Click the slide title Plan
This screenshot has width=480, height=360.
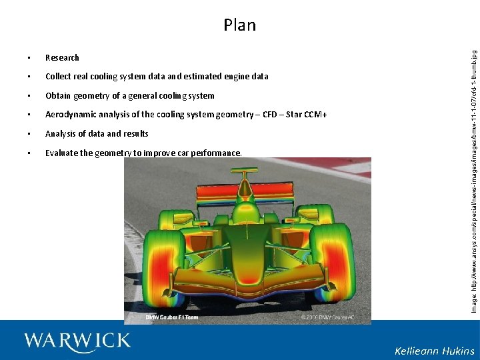pos(240,25)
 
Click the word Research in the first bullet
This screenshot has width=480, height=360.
pos(62,58)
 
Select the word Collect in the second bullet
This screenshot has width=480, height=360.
pos(59,77)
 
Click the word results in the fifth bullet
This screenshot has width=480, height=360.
pos(135,134)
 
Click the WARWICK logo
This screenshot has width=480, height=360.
pos(77,341)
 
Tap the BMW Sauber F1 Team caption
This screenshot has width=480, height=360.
pos(172,317)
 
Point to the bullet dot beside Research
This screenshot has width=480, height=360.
pos(29,58)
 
